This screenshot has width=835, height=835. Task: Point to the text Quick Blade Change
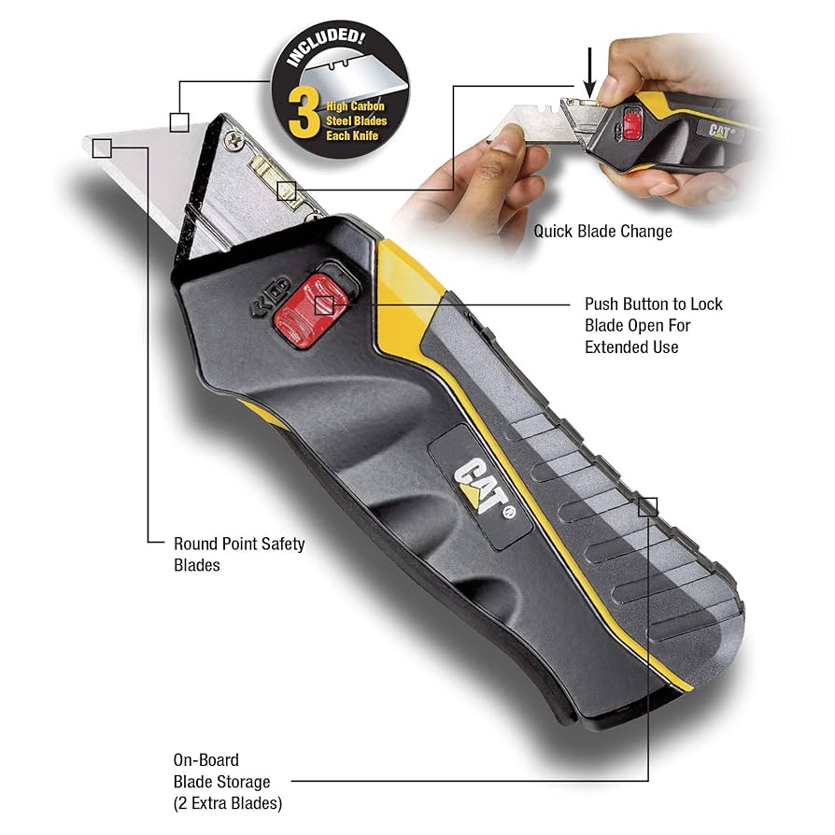pyautogui.click(x=602, y=231)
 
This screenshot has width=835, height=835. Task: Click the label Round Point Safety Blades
pyautogui.click(x=239, y=554)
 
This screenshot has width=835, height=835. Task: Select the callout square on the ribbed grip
pyautogui.click(x=647, y=507)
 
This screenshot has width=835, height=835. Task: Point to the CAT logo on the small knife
pyautogui.click(x=720, y=132)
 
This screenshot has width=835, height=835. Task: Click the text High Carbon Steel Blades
pyautogui.click(x=356, y=120)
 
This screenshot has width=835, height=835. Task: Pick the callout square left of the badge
pyautogui.click(x=179, y=121)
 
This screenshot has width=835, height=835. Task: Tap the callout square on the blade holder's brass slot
pyautogui.click(x=287, y=191)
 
